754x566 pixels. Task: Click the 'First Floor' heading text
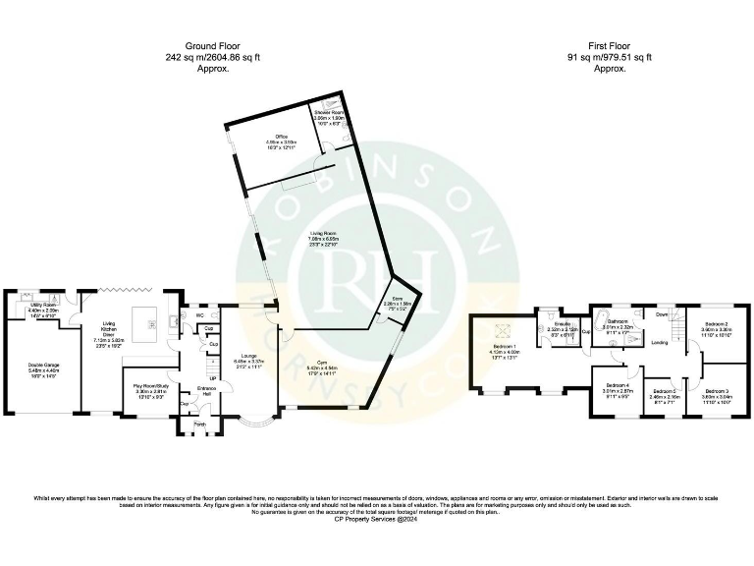pos(609,46)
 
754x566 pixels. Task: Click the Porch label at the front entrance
pos(200,424)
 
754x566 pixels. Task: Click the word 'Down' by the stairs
pos(663,314)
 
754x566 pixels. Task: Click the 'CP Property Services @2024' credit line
pos(377,517)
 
